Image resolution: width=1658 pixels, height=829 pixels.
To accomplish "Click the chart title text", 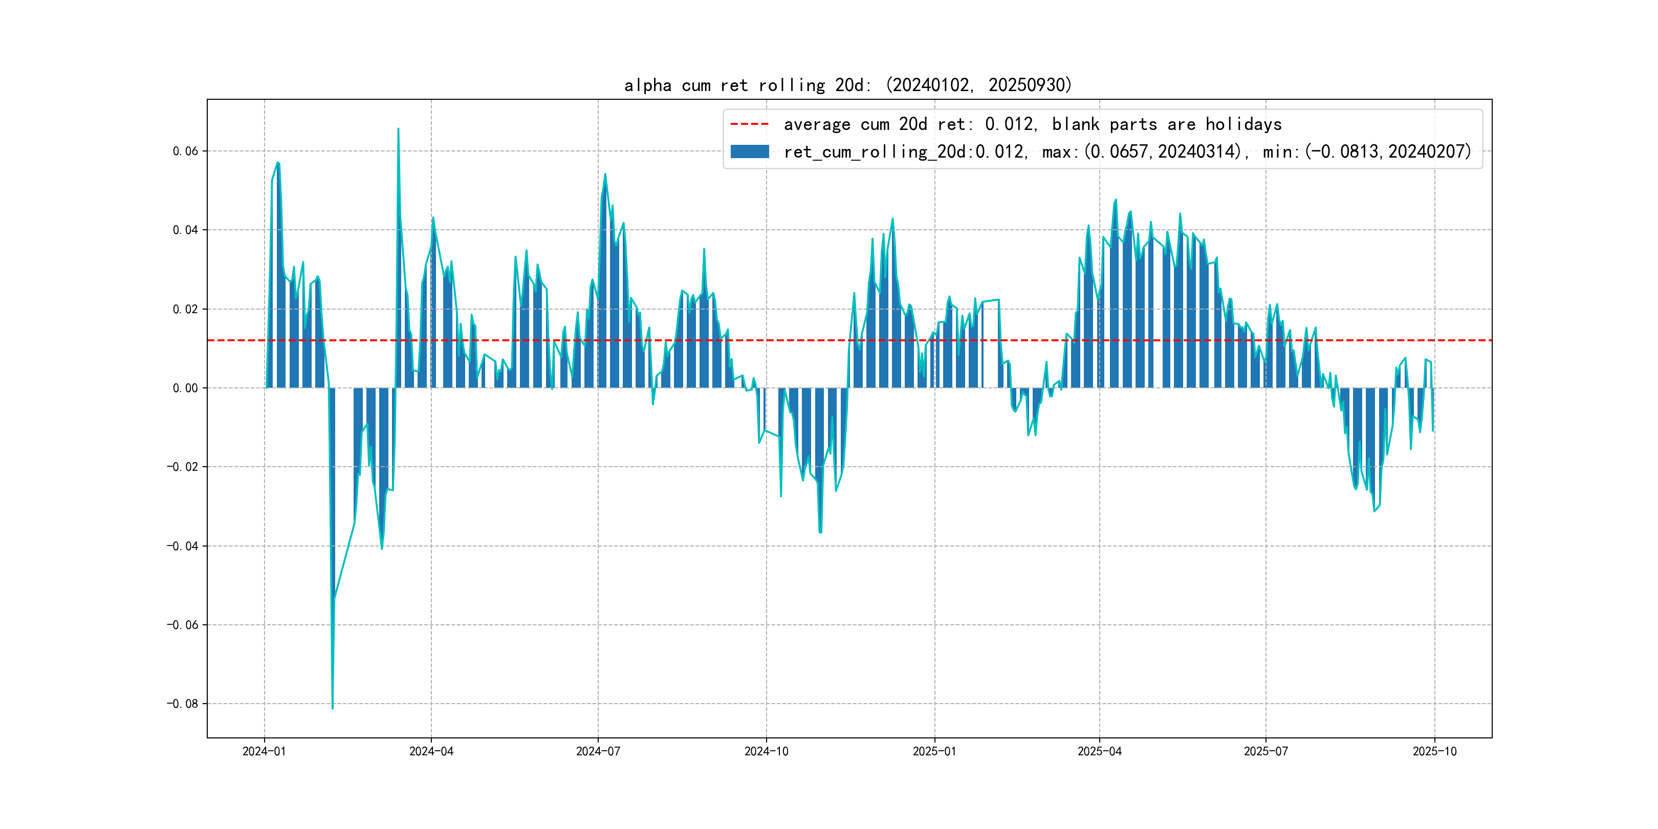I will click(x=847, y=85).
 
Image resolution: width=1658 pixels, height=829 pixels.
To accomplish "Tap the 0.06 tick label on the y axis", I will click(x=185, y=151).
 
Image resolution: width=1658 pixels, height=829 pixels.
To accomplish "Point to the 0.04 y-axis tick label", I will click(x=185, y=230).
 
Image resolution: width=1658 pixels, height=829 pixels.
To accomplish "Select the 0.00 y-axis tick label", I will click(x=185, y=388).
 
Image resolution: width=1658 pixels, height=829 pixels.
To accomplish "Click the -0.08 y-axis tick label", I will click(x=183, y=704).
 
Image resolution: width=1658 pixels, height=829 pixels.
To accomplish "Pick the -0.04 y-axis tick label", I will click(x=183, y=546).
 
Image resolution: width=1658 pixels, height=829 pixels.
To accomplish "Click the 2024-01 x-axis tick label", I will click(x=264, y=751).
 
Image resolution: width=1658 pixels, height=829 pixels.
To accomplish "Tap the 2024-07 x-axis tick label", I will click(x=598, y=751).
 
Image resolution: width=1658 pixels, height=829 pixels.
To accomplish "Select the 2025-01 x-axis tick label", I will click(x=934, y=751).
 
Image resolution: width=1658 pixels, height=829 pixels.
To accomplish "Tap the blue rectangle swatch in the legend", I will click(x=749, y=152).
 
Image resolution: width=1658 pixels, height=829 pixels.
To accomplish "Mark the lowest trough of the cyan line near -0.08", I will click(x=332, y=708).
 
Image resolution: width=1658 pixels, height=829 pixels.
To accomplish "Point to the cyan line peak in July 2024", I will click(x=605, y=174).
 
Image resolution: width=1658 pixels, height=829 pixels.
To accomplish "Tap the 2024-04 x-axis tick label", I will click(x=431, y=751).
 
